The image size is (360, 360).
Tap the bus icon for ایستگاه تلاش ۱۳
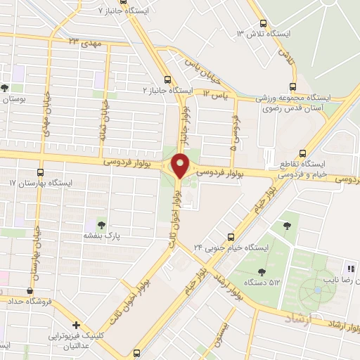point(262,22)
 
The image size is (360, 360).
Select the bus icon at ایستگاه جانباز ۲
point(167,79)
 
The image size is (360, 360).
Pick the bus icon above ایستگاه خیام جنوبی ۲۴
point(230,236)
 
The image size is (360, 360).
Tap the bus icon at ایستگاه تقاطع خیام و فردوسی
point(303,151)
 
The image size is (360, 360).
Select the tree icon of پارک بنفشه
point(101,226)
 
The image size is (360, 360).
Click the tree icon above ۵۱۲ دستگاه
point(262,272)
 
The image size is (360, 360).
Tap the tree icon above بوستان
point(6,89)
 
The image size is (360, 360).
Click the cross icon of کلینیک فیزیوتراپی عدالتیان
point(77,325)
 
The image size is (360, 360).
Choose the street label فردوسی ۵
point(234,136)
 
